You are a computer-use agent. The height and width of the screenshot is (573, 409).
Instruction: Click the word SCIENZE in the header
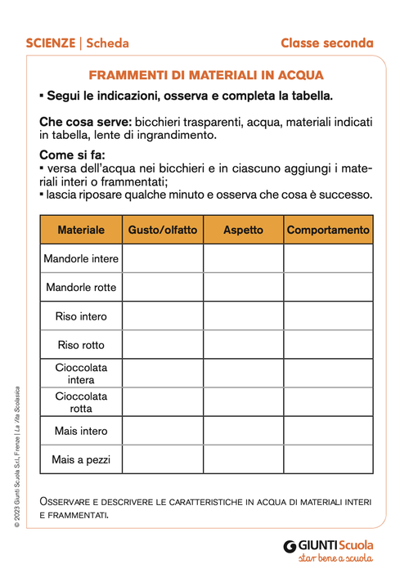(49, 43)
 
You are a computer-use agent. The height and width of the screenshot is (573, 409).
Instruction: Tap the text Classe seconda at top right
(326, 43)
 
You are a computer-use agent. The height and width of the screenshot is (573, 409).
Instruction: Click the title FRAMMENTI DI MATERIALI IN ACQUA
(206, 74)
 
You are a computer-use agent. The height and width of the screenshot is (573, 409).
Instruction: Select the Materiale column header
(81, 230)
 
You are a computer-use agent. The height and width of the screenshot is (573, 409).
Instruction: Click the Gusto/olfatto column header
(163, 230)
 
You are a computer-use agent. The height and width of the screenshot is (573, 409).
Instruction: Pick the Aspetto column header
(243, 230)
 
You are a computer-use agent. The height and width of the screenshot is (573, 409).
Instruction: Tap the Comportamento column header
(328, 230)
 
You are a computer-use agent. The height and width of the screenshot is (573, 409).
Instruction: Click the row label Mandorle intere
(81, 259)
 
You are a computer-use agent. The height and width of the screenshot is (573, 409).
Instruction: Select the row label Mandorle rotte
(81, 288)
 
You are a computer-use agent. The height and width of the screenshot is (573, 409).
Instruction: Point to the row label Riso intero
(81, 316)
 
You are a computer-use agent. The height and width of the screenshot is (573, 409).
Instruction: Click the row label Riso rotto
(81, 345)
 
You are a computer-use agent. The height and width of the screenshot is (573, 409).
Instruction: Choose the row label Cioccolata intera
(81, 374)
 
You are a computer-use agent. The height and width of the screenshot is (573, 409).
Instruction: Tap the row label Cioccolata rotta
(81, 402)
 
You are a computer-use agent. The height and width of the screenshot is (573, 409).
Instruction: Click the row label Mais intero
(81, 431)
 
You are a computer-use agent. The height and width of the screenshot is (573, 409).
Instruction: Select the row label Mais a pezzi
(81, 459)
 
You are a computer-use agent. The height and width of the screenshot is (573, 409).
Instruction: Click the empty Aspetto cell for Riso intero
(243, 316)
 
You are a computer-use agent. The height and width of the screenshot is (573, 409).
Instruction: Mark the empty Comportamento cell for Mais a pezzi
(328, 459)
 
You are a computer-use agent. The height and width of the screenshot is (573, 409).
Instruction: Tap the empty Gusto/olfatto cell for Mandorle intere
(163, 259)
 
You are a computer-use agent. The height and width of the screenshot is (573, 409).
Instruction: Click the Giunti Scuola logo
(328, 549)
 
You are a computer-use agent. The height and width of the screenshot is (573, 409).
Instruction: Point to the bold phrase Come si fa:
(73, 155)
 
